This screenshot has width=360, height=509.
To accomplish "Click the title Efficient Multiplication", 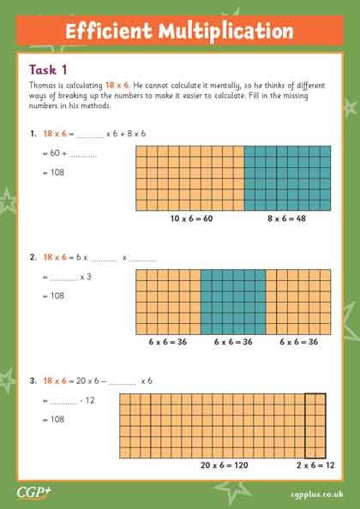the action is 179,32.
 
